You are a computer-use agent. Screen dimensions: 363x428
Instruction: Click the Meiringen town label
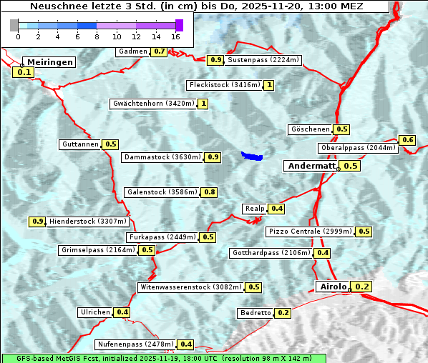pos(49,62)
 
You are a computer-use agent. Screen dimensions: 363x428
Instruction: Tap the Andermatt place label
pos(311,166)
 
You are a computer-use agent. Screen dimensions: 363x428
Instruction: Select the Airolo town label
pos(333,287)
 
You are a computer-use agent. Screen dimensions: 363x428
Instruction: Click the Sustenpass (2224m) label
pos(264,60)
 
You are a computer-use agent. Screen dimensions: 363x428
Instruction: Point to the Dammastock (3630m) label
pos(162,156)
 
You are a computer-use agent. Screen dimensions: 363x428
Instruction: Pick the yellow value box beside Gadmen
pos(160,51)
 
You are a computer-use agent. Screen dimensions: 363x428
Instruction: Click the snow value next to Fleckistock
pos(268,85)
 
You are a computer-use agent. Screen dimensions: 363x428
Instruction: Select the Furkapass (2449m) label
pos(162,237)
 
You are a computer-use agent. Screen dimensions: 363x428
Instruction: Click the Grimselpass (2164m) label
pos(98,250)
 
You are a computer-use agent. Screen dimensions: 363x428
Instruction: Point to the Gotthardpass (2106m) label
pos(271,253)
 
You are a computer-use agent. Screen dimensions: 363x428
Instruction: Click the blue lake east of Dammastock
pos(251,155)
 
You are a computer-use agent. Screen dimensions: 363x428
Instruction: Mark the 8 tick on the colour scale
pos(97,36)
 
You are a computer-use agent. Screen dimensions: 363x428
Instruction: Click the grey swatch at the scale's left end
pos(14,25)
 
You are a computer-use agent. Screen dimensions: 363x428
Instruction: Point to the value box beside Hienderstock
pos(38,222)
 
